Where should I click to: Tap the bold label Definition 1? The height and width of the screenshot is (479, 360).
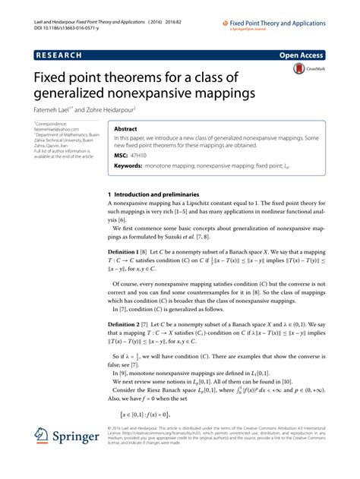pos(128,250)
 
